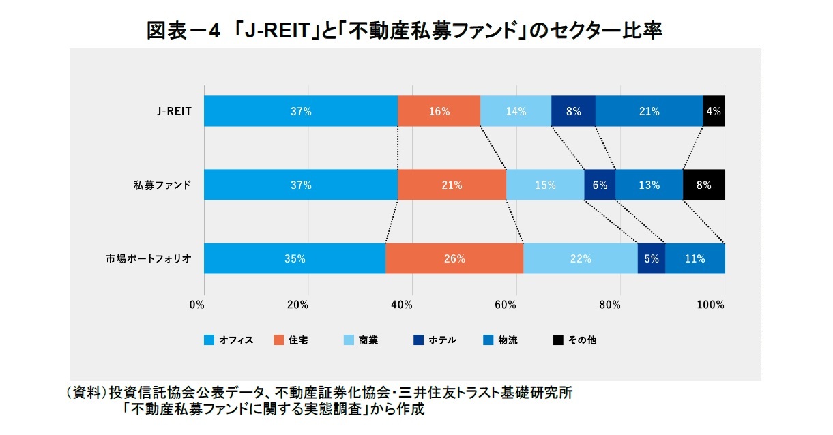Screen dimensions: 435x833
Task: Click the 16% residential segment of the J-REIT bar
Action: tap(439, 111)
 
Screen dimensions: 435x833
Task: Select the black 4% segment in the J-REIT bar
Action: tap(714, 111)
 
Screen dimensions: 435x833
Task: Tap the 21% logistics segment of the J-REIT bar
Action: tap(649, 111)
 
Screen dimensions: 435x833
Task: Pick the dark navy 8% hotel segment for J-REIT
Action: tap(573, 111)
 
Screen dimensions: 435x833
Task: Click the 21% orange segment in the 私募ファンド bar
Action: tap(452, 185)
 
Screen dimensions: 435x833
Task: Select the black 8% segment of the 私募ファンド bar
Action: tap(703, 185)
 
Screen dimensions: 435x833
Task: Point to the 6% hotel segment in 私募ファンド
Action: tap(600, 185)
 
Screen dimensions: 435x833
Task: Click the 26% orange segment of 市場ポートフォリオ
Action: tap(454, 258)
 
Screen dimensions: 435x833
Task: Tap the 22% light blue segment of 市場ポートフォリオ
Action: tap(580, 258)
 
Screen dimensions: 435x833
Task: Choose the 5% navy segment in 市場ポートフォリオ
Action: tap(651, 258)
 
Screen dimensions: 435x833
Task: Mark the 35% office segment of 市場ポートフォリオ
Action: tap(295, 258)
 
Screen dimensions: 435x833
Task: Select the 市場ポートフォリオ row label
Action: tap(149, 258)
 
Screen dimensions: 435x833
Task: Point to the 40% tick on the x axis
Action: tap(403, 305)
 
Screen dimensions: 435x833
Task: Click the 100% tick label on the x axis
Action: tap(710, 305)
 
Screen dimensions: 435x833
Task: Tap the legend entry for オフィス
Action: tap(229, 340)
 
